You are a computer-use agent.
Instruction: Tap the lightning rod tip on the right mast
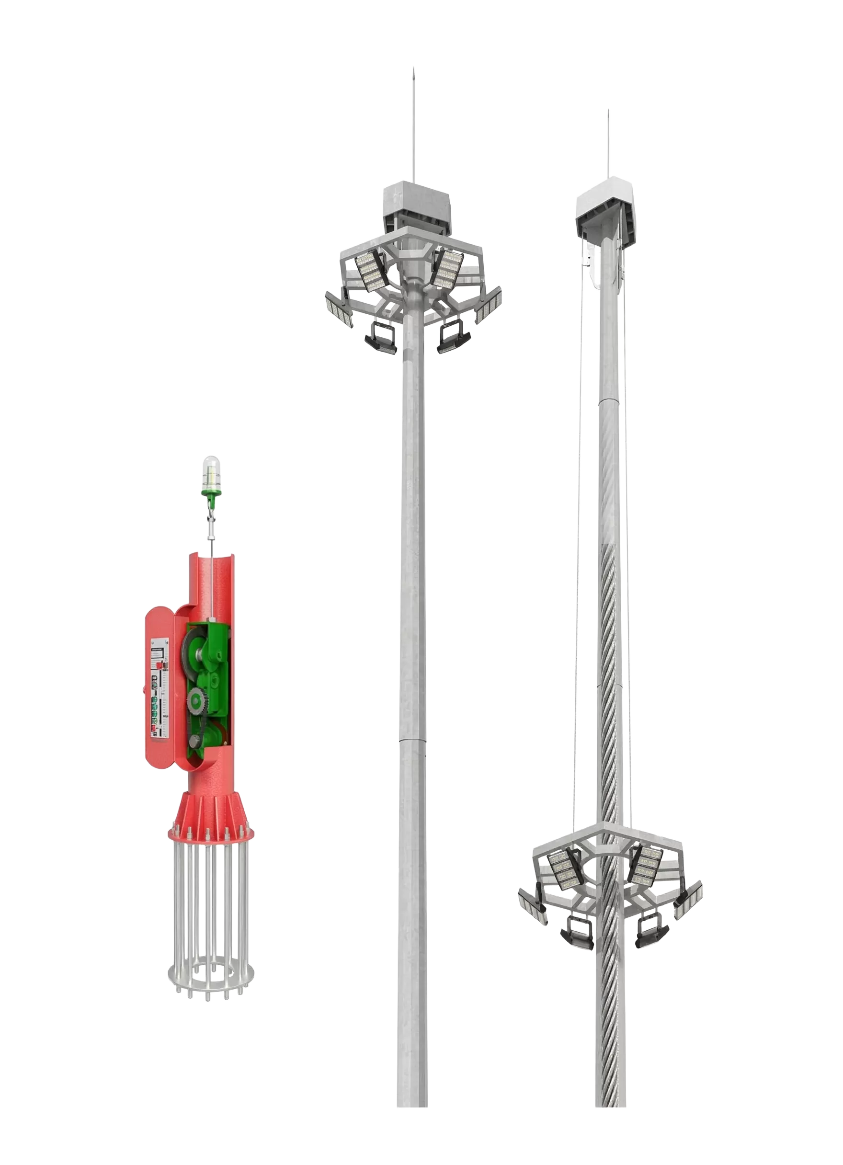coord(608,112)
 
